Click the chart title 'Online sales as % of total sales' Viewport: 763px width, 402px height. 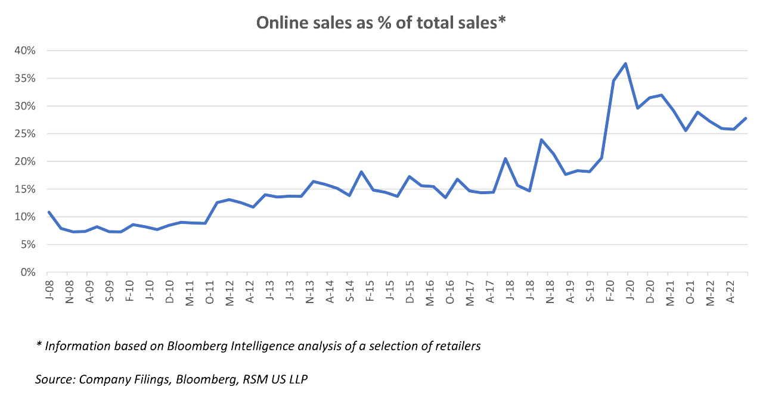coord(381,23)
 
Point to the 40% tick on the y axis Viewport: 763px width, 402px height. coord(25,51)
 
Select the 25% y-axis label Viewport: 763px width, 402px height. coord(25,134)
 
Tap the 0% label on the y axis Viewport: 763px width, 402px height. coord(28,272)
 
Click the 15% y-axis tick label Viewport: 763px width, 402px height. coord(25,189)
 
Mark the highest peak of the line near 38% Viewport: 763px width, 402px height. coord(625,64)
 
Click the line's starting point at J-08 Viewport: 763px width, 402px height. coord(48,212)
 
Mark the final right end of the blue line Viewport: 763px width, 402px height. coord(746,119)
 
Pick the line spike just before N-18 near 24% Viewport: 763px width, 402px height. coord(541,140)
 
